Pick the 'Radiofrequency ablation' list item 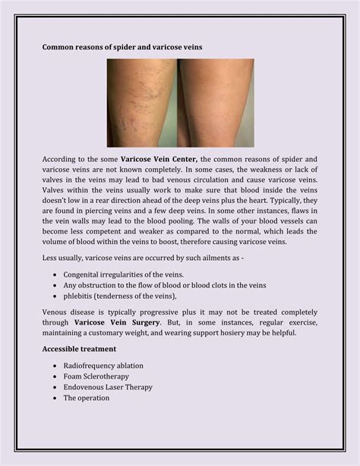click(103, 365)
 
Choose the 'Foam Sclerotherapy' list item click(96, 376)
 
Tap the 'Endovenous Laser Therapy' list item click(108, 386)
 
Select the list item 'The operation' click(86, 397)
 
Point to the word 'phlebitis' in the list click(80, 296)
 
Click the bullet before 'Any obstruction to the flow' click(56, 285)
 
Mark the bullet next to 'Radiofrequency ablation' click(56, 365)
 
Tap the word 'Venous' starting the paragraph click(55, 312)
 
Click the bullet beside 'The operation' click(56, 397)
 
